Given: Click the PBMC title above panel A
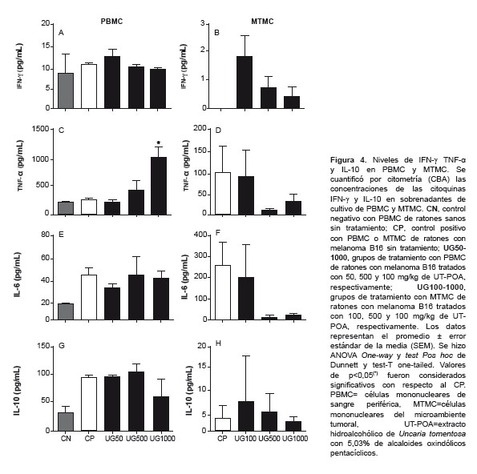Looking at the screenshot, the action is (x=111, y=22).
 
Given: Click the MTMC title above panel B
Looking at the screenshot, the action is (x=262, y=22).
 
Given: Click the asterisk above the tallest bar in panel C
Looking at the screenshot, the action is (x=159, y=143).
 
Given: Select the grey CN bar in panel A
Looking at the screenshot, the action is (x=66, y=90).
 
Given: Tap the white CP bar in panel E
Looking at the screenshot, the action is (x=89, y=297).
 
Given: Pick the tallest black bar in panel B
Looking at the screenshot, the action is (x=245, y=82).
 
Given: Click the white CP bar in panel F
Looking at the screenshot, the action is (x=223, y=292).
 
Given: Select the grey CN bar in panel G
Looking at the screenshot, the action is (x=66, y=421).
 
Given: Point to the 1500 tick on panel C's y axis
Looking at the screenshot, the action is (x=40, y=129).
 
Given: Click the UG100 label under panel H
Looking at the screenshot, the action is (x=245, y=439).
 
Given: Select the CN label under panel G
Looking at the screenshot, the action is (x=66, y=439).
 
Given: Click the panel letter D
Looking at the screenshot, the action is (x=218, y=131).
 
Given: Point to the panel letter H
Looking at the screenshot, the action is (x=218, y=343).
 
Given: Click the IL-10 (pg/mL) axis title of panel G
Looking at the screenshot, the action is (x=18, y=391).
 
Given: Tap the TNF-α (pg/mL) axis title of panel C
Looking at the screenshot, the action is (x=20, y=166).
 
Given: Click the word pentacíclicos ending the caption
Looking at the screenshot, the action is (x=354, y=453).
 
